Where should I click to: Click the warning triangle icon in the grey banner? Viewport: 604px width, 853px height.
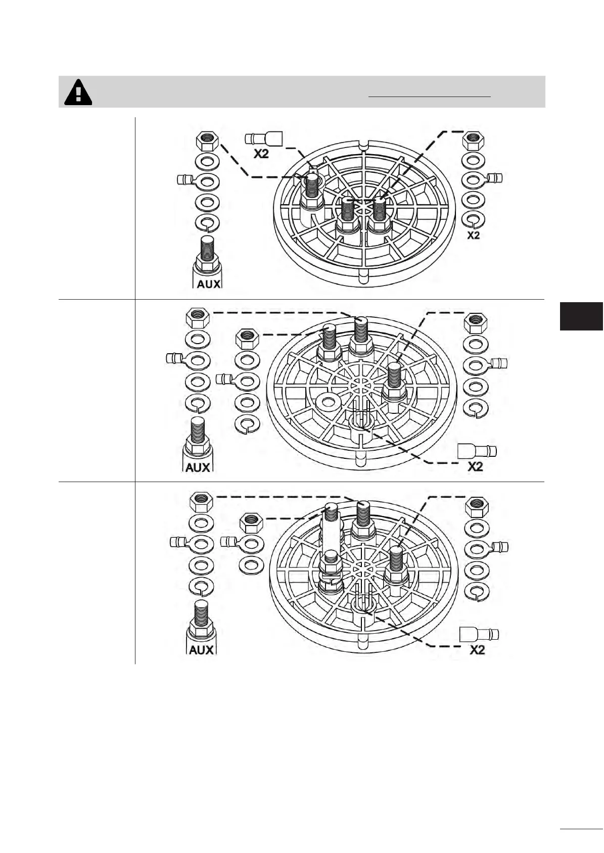pyautogui.click(x=78, y=92)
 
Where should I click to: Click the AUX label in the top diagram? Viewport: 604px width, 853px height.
pyautogui.click(x=208, y=284)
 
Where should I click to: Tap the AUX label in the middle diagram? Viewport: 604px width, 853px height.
pyautogui.click(x=197, y=467)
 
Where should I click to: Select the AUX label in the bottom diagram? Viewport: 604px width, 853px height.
pyautogui.click(x=201, y=650)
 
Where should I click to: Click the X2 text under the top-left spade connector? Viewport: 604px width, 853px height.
pyautogui.click(x=261, y=154)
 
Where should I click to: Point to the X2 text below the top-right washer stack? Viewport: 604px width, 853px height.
pyautogui.click(x=474, y=235)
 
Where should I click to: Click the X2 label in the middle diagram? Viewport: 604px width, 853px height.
pyautogui.click(x=475, y=467)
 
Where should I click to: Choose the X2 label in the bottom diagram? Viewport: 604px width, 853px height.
pyautogui.click(x=477, y=650)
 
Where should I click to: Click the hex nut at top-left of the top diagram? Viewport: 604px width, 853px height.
pyautogui.click(x=207, y=141)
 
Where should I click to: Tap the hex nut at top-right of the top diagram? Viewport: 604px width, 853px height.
pyautogui.click(x=473, y=141)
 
